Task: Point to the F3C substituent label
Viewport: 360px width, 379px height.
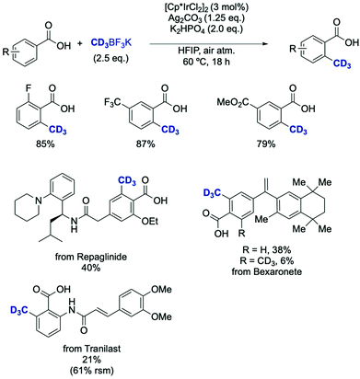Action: [122, 100]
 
